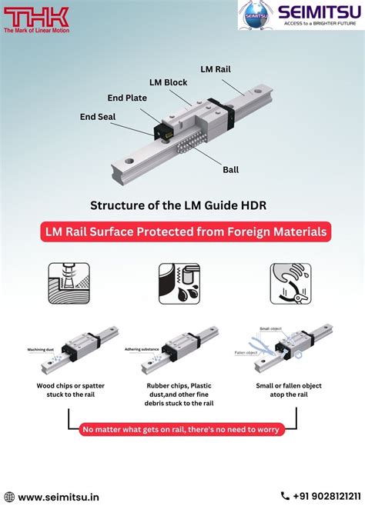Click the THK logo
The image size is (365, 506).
pos(35,16)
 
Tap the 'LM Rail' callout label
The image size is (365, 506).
pos(215,68)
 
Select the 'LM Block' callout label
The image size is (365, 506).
pos(169,82)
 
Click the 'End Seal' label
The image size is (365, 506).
pos(98,117)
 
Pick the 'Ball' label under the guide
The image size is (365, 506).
pos(230,168)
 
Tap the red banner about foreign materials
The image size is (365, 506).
pos(182,231)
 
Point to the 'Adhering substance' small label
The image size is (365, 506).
pos(141,348)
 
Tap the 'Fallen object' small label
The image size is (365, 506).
pos(246,353)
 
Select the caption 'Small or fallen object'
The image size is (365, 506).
pos(289,385)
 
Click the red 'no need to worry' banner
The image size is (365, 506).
pos(182,429)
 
